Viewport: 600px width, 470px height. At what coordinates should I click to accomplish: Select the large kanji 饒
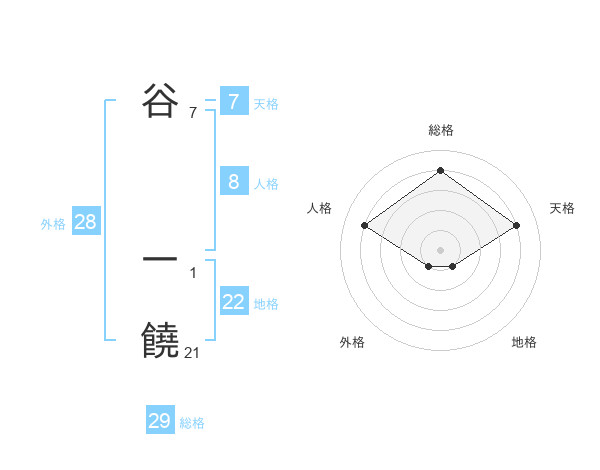coord(160,340)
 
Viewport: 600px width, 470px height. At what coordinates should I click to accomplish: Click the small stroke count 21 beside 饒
coord(193,351)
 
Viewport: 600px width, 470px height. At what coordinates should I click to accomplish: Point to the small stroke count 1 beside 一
coord(193,271)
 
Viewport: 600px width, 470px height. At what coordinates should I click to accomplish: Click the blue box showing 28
coord(85,222)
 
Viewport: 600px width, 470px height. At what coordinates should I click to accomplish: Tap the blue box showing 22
coord(234,302)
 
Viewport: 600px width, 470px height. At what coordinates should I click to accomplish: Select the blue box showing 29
coord(160,421)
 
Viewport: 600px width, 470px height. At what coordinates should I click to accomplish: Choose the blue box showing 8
coord(234,182)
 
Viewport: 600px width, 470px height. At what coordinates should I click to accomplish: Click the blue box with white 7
coord(234,102)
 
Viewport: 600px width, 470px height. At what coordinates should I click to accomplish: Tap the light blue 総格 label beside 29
coord(192,423)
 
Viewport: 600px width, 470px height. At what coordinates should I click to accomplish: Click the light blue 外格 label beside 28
coord(53,224)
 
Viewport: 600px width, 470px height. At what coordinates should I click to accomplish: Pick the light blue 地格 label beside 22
coord(266,304)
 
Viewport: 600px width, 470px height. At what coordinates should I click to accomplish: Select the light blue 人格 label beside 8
coord(266,184)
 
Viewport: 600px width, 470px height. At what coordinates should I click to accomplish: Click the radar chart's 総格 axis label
coord(441,130)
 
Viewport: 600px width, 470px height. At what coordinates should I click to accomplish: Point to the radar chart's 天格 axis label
coord(562,208)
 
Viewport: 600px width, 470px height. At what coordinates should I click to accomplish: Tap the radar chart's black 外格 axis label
coord(352,342)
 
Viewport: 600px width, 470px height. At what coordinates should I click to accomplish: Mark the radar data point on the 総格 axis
coord(440,171)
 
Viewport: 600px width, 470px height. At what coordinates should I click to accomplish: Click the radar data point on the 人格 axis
coord(365,226)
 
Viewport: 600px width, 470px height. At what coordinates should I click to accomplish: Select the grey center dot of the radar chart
coord(440,249)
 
